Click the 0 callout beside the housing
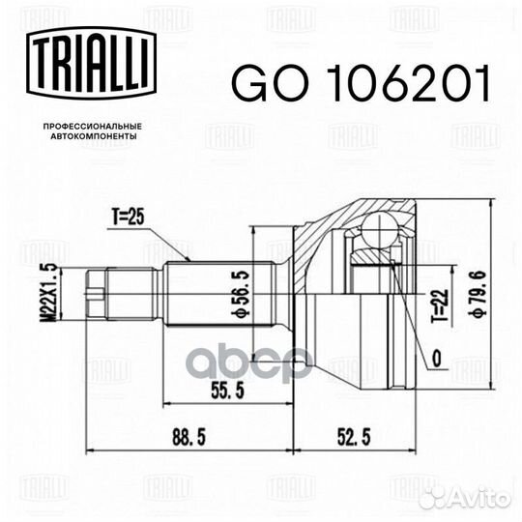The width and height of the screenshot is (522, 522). click(437, 359)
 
